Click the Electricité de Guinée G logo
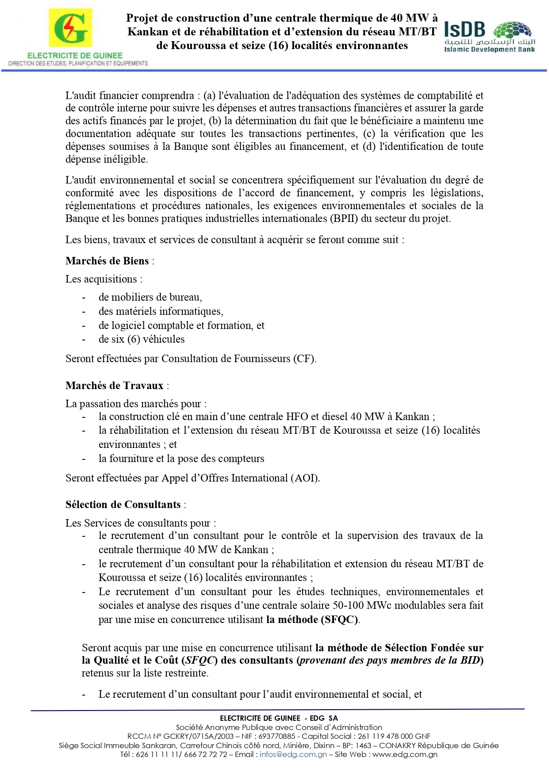[70, 27]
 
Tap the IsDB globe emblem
[512, 31]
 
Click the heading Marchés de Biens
[107, 261]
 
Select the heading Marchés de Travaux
[115, 386]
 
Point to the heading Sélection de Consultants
[123, 505]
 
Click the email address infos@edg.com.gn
[293, 754]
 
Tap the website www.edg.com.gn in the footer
[405, 754]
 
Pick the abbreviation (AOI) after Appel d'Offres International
[305, 478]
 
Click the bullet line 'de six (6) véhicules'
[142, 339]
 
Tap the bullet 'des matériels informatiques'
[161, 311]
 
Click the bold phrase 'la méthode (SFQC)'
[312, 619]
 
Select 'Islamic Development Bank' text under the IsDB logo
[489, 50]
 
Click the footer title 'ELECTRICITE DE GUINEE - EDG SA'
[279, 718]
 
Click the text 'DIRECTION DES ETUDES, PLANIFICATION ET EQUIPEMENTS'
[78, 64]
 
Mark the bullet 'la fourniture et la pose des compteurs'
[181, 459]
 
